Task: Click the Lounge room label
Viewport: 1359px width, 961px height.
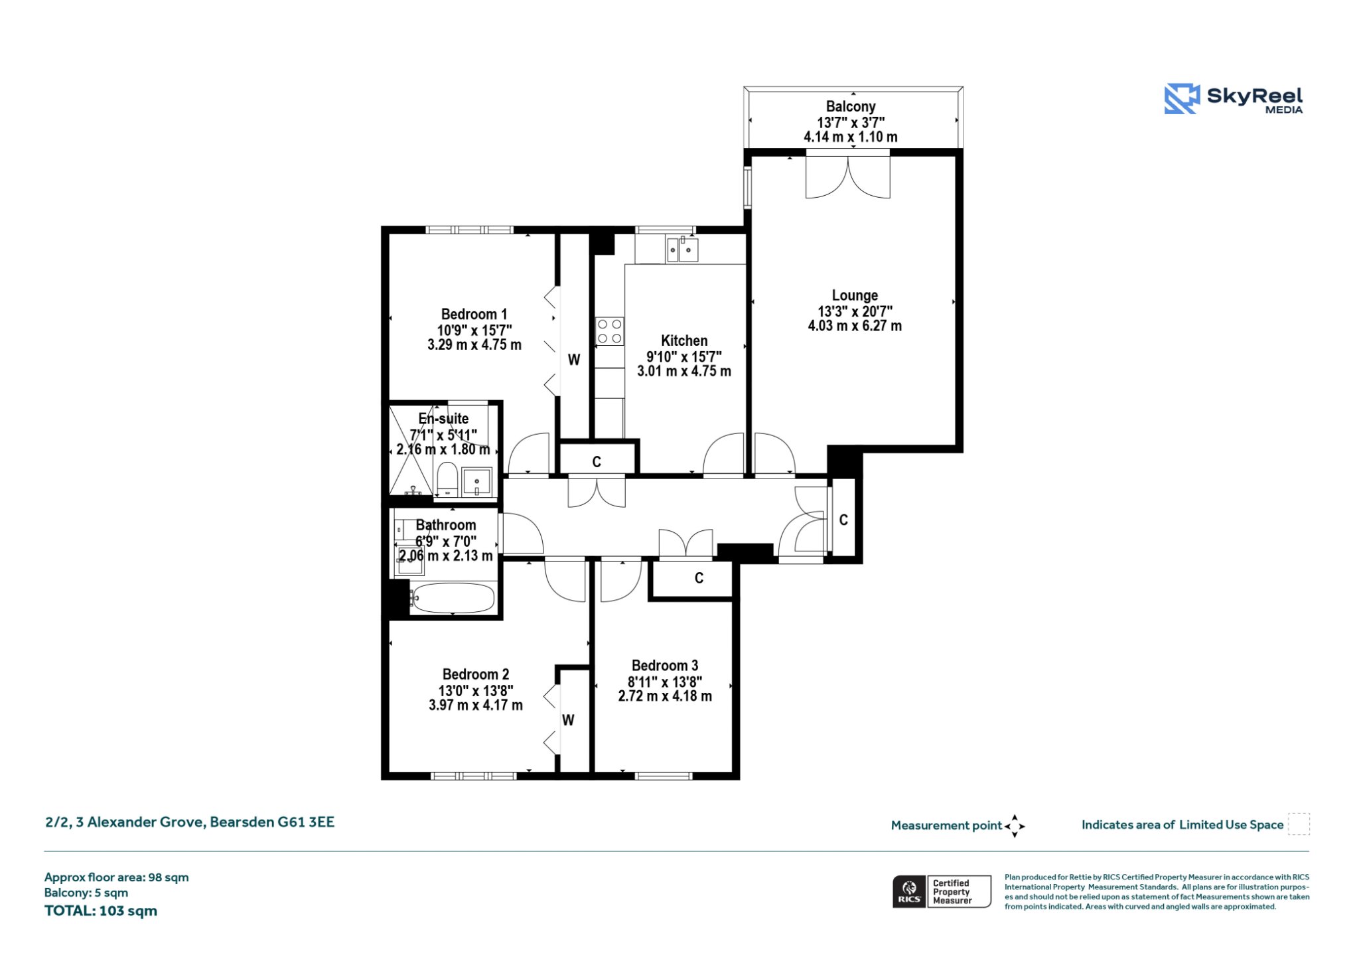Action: [x=855, y=295]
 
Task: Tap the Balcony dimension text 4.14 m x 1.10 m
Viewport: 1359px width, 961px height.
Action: [x=851, y=137]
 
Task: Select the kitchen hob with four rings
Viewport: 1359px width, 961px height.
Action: [x=609, y=332]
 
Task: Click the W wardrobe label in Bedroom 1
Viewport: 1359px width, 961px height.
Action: [x=574, y=360]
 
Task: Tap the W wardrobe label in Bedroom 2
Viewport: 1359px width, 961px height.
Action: [x=568, y=720]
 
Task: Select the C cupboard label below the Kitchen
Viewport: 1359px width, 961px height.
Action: [x=597, y=462]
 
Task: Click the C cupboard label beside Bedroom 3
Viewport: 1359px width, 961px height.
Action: [x=699, y=578]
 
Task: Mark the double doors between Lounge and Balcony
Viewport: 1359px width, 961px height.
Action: [x=847, y=175]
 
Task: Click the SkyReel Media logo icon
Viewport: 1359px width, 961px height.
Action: [x=1182, y=99]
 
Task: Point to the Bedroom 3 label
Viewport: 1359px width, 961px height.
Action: [x=665, y=666]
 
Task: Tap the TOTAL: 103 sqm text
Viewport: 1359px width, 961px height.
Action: [x=101, y=911]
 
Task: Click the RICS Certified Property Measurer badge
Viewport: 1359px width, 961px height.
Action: [x=942, y=891]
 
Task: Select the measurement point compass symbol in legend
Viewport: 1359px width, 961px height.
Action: [x=1015, y=826]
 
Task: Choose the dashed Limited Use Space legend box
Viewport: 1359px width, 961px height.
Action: [x=1299, y=824]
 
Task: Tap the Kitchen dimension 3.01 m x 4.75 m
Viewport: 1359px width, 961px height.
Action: [x=684, y=372]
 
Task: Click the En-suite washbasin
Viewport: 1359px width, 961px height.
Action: [x=477, y=482]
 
